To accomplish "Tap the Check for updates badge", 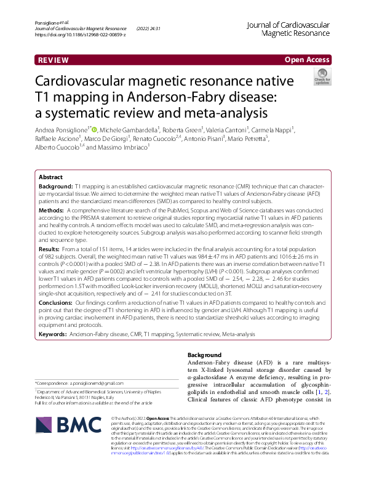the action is (322, 77).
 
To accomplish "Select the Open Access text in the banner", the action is (307, 60).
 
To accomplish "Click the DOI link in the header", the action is (81, 34).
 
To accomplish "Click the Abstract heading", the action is (50, 176).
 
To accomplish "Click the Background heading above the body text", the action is (205, 355).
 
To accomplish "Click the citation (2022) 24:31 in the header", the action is (149, 28).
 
